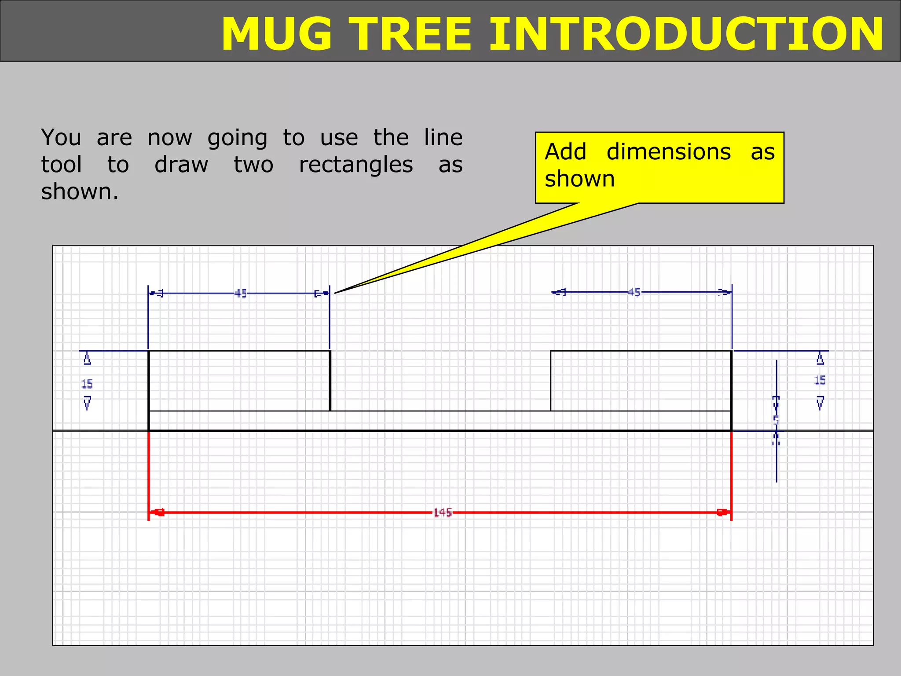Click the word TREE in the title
tap(413, 34)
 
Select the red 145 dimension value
tap(443, 513)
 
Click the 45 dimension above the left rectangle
tap(241, 293)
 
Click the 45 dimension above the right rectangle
tap(634, 292)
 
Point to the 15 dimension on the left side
tap(87, 384)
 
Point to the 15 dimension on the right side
tap(820, 380)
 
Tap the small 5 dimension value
tap(776, 420)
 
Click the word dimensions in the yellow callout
tap(668, 152)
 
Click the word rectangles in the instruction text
tap(356, 165)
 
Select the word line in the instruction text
tap(443, 138)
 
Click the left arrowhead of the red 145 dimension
tap(158, 512)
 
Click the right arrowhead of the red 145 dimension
tap(722, 512)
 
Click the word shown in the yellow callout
tap(579, 179)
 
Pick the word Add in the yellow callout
tap(565, 152)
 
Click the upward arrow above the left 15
tap(87, 359)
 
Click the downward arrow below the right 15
tap(820, 403)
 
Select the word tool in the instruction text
tap(61, 165)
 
